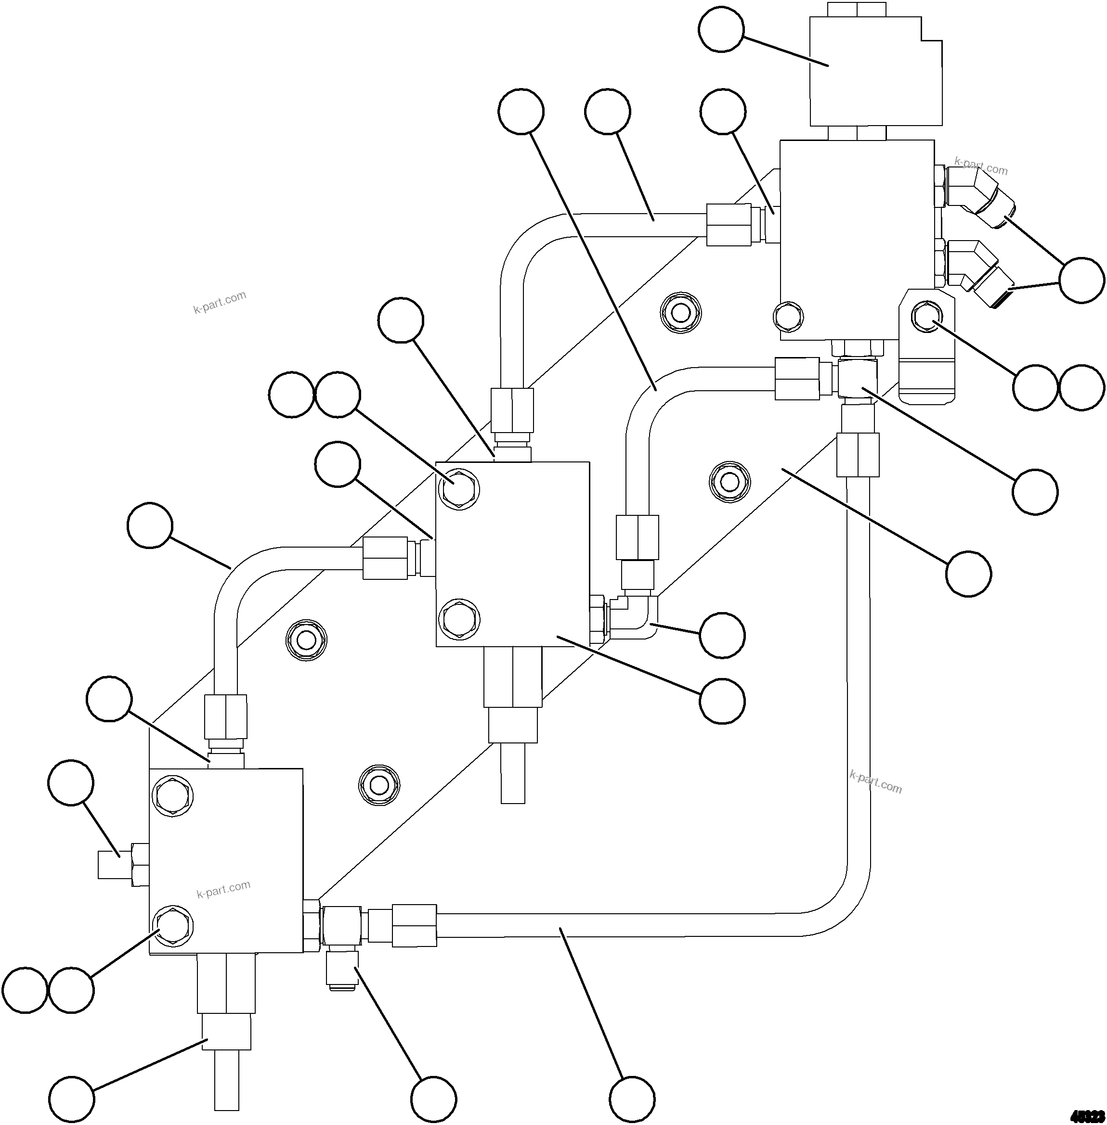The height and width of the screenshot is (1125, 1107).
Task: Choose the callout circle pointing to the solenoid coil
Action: tap(721, 30)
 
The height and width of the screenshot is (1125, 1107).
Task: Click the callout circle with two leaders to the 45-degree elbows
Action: tap(1081, 280)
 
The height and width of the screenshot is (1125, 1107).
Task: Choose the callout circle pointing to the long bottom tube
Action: tap(632, 1099)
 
